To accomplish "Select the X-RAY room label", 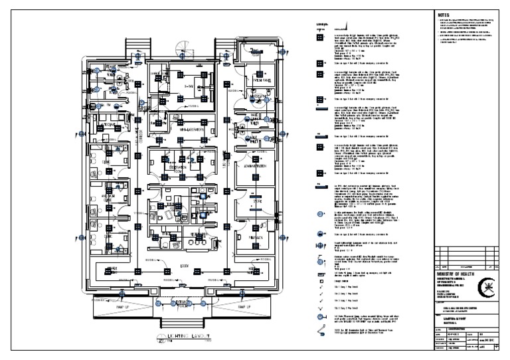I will tap(188, 86).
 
